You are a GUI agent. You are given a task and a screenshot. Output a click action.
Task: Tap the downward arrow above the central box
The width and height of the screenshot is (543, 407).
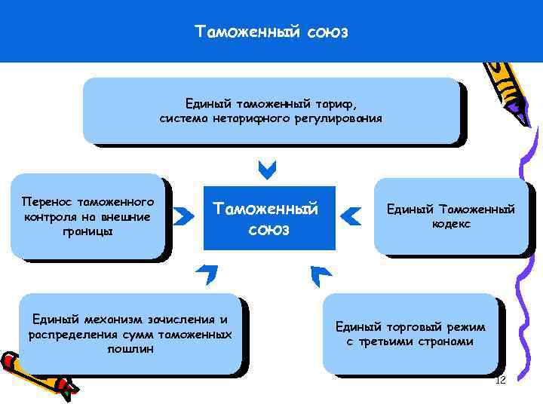coord(267,170)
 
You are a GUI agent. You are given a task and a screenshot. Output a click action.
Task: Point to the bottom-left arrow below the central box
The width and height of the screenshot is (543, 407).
coord(206,275)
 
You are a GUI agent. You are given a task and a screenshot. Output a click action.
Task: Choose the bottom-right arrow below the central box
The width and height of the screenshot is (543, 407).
coord(320,275)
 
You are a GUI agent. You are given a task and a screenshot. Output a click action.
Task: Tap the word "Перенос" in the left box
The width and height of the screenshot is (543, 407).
coord(48,202)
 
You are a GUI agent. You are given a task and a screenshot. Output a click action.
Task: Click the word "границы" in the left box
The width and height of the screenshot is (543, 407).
coord(89,231)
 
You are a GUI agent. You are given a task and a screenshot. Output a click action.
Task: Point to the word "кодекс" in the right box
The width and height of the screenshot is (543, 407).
coord(452,224)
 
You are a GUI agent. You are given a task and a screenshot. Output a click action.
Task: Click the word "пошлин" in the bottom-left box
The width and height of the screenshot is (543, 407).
coord(130,349)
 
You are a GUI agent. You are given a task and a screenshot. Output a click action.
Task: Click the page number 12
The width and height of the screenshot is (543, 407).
coord(500,380)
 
